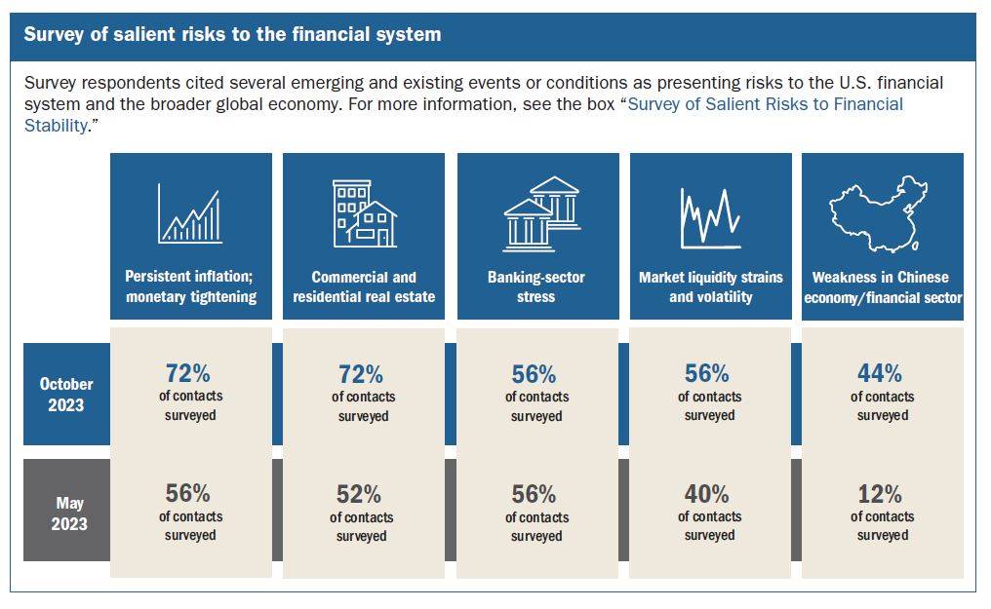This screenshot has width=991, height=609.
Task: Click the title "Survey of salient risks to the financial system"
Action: click(x=232, y=34)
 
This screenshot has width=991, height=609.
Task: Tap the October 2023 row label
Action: click(x=66, y=395)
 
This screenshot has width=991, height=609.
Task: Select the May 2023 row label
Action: click(x=69, y=514)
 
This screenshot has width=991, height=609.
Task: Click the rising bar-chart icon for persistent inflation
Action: click(x=189, y=213)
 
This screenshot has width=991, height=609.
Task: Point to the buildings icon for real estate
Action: click(x=365, y=213)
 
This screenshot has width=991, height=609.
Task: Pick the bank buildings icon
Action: click(x=541, y=213)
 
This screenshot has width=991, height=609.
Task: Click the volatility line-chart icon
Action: click(x=710, y=217)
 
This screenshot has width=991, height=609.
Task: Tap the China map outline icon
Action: click(x=879, y=214)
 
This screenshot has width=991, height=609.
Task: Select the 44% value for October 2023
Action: click(x=879, y=373)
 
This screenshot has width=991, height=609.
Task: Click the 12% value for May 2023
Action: click(x=879, y=493)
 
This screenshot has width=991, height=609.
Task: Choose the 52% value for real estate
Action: click(x=358, y=494)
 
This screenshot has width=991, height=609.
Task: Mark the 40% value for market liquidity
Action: click(x=706, y=493)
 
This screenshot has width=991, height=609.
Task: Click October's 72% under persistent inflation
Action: click(x=187, y=373)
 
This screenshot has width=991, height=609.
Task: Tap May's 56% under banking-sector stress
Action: click(x=535, y=494)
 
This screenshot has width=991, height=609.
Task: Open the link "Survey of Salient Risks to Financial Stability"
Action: click(x=463, y=115)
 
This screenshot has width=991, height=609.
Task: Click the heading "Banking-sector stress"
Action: click(x=535, y=286)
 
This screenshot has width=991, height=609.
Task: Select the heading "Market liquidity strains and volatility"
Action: click(x=711, y=286)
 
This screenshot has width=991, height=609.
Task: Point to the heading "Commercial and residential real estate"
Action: click(x=364, y=286)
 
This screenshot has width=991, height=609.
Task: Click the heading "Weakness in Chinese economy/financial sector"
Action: click(x=883, y=287)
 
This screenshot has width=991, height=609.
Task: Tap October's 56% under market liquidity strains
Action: click(x=706, y=373)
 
